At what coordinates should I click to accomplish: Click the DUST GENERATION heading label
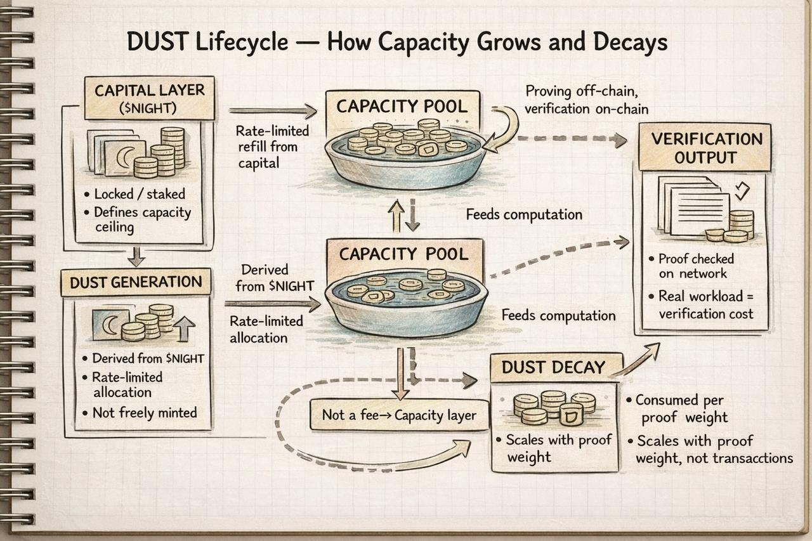(x=136, y=282)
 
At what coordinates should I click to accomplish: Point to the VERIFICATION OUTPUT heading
(x=705, y=147)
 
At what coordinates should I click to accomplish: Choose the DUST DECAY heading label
(x=553, y=367)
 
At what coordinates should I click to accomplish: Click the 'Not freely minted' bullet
(x=144, y=413)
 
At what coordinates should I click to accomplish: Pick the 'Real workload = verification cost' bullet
(x=705, y=304)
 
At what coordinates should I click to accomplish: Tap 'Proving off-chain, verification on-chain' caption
(x=587, y=100)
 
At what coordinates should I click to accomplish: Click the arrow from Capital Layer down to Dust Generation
(x=136, y=256)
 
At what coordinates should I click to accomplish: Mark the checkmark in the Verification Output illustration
(x=740, y=190)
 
